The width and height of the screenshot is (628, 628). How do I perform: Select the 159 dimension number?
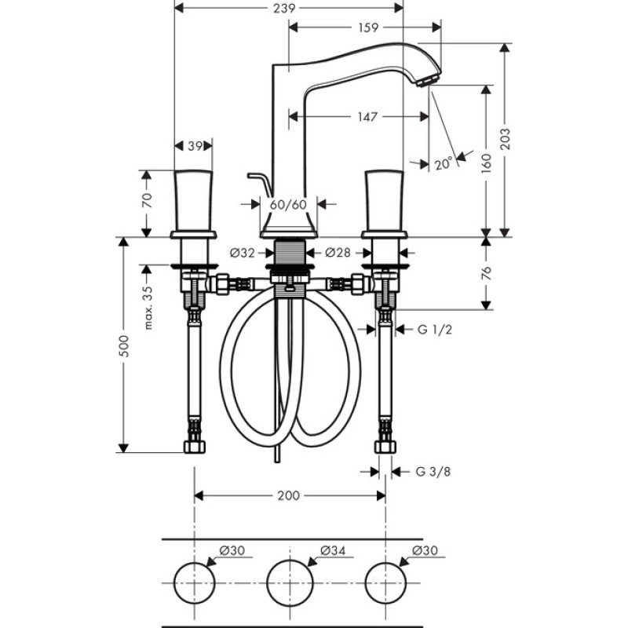(x=367, y=27)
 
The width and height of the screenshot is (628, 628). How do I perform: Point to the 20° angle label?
(x=444, y=164)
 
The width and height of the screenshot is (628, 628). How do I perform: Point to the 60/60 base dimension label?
(x=288, y=205)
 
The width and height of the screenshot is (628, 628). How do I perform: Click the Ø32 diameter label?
(x=243, y=253)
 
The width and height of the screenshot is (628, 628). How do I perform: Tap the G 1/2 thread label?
(x=435, y=330)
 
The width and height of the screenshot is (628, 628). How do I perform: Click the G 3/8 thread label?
(x=433, y=472)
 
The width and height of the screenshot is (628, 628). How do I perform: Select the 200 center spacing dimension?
(x=289, y=496)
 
